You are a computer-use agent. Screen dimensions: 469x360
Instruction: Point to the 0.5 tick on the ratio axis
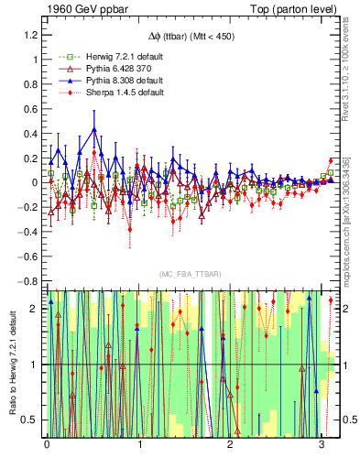pyautogui.click(x=32, y=420)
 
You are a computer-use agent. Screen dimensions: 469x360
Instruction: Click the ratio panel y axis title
pyautogui.click(x=13, y=364)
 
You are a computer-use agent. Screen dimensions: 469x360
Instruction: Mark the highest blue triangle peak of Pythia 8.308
pyautogui.click(x=93, y=128)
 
